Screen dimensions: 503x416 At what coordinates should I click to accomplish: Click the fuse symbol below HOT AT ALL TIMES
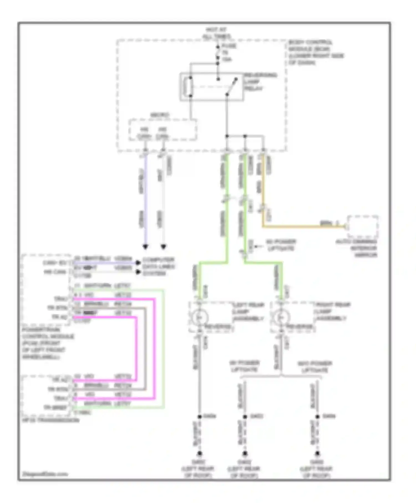[218, 53]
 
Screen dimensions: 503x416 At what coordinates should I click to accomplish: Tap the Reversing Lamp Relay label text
[260, 82]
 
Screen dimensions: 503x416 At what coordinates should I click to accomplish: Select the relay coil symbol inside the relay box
[190, 87]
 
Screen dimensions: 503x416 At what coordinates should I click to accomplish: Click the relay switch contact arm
[231, 87]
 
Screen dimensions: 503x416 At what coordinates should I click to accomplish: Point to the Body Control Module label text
[315, 52]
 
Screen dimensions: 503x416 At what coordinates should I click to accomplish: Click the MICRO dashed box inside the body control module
[163, 129]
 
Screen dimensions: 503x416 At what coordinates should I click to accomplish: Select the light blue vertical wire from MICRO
[145, 200]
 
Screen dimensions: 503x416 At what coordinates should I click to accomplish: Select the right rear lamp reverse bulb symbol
[281, 317]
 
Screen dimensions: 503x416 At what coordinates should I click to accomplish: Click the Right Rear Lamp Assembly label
[332, 311]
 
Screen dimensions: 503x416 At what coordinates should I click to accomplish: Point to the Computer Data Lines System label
[158, 267]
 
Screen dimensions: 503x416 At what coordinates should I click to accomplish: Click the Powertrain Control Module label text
[47, 343]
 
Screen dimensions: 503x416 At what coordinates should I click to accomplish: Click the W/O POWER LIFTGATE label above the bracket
[314, 367]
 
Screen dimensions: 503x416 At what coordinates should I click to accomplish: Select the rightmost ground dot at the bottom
[317, 454]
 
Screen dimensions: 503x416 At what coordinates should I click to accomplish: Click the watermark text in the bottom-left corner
[45, 474]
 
